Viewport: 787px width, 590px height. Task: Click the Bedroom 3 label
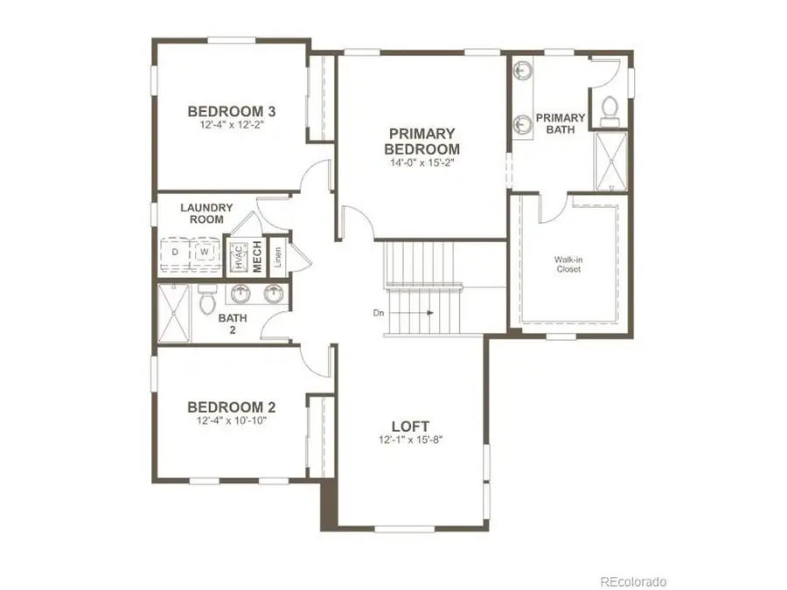click(233, 111)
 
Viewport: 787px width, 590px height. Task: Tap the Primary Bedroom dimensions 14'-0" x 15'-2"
click(423, 162)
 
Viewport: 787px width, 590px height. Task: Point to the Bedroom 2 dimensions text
click(233, 420)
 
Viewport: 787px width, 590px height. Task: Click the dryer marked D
click(176, 253)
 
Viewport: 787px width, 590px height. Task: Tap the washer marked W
click(205, 253)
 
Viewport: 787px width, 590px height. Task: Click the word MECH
click(258, 256)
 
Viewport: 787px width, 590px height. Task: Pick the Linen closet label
click(277, 256)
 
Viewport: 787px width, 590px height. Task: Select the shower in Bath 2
click(174, 314)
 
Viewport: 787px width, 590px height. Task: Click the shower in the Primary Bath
click(610, 162)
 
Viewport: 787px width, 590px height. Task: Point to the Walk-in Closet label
click(568, 265)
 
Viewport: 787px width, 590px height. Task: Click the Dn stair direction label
click(378, 312)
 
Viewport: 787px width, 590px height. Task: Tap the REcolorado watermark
click(633, 580)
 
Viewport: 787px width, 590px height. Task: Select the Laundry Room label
click(206, 213)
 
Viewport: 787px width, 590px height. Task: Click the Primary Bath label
click(561, 123)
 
